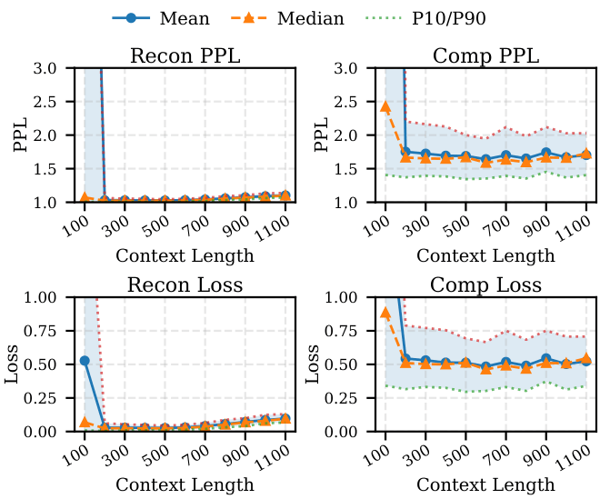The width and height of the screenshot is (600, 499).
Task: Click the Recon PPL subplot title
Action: [185, 55]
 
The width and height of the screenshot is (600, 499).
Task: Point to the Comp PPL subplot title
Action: [485, 55]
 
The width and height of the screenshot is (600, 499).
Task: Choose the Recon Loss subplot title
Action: [185, 286]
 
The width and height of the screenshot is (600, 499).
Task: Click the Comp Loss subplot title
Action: [485, 286]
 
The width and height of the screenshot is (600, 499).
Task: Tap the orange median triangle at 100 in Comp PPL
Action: [385, 106]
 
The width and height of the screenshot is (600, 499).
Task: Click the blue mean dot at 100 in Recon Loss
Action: [85, 360]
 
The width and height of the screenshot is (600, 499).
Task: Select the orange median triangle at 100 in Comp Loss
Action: [385, 313]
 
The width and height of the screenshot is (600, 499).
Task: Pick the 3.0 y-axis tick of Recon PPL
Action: [56, 68]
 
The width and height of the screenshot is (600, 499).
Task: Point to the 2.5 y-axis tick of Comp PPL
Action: [357, 102]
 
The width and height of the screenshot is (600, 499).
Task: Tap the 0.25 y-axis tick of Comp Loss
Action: [354, 398]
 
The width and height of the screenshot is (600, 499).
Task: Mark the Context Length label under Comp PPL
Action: [485, 255]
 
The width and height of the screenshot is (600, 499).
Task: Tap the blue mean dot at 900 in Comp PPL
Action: [546, 153]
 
